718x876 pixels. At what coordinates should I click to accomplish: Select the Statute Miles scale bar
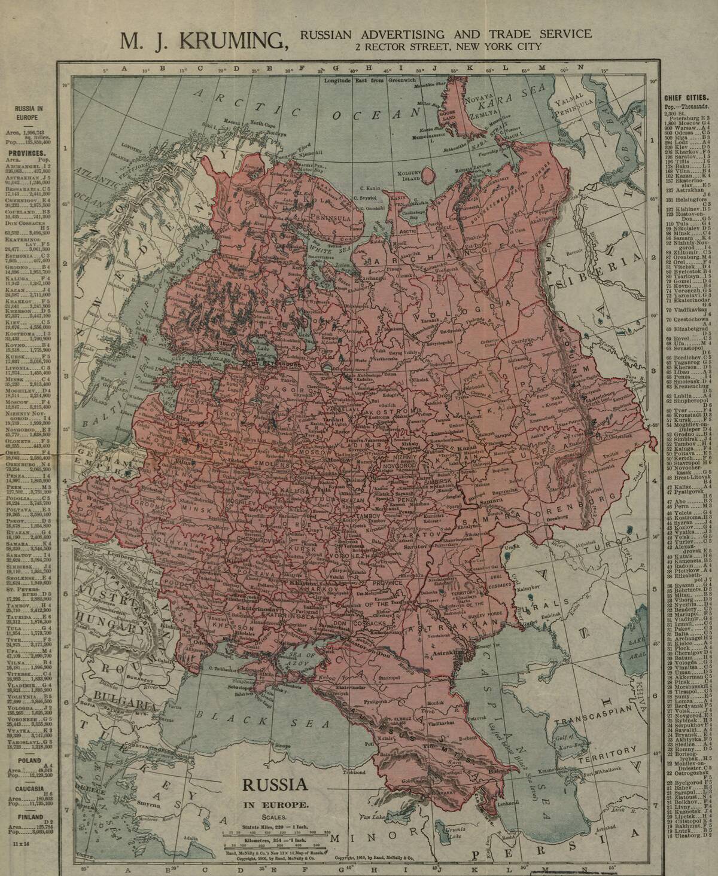(x=275, y=832)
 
